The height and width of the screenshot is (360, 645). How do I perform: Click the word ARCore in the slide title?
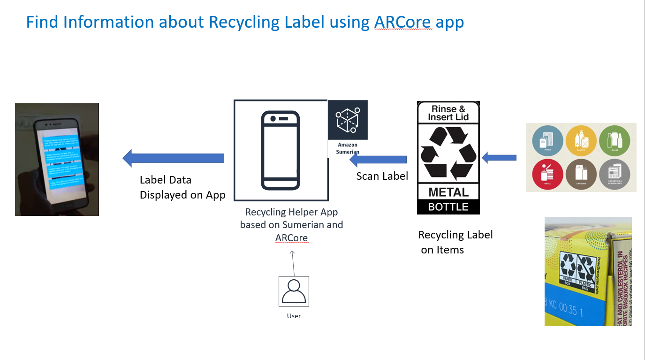pyautogui.click(x=403, y=22)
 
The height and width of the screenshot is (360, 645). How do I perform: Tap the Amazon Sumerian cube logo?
pyautogui.click(x=348, y=120)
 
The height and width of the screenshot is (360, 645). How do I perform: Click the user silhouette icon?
pyautogui.click(x=294, y=291)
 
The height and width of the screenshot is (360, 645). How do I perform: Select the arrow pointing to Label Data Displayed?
pyautogui.click(x=173, y=158)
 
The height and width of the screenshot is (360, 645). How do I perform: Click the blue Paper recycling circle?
pyautogui.click(x=547, y=140)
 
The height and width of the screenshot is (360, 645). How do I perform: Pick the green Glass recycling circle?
pyautogui.click(x=614, y=140)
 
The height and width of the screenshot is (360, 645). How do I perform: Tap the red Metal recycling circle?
pyautogui.click(x=547, y=174)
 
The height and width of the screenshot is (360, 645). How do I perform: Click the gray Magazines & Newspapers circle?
pyautogui.click(x=614, y=174)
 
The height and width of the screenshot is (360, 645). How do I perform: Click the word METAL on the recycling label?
pyautogui.click(x=448, y=192)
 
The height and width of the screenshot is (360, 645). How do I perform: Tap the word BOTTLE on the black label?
pyautogui.click(x=448, y=207)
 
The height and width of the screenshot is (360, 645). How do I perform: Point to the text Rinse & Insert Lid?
pyautogui.click(x=448, y=113)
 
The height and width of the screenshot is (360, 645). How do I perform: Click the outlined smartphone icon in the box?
pyautogui.click(x=281, y=150)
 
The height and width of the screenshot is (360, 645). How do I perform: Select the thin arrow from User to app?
pyautogui.click(x=293, y=263)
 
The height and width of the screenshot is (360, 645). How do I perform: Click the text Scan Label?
pyautogui.click(x=382, y=176)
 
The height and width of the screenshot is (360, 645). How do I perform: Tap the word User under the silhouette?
pyautogui.click(x=294, y=316)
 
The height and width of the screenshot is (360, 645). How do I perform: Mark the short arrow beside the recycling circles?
pyautogui.click(x=499, y=158)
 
